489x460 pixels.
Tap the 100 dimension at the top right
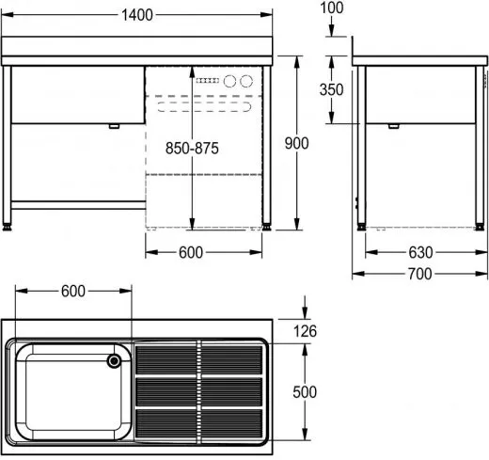point(331,8)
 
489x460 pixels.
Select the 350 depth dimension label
point(331,89)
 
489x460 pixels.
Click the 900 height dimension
point(296,142)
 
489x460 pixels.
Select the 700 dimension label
point(419,274)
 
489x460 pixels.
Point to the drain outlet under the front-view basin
point(114,126)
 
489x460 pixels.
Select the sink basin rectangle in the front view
point(75,94)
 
